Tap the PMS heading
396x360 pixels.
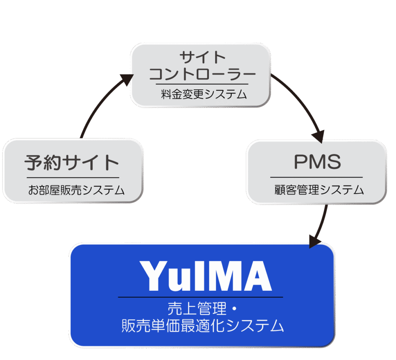click(x=317, y=162)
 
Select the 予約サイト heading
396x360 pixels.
click(x=72, y=163)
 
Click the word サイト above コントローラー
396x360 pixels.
click(x=203, y=57)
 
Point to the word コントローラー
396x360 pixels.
click(x=202, y=73)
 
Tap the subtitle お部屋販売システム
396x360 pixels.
click(x=76, y=190)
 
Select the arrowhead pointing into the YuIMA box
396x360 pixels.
click(x=315, y=242)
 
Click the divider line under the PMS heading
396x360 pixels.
click(x=316, y=177)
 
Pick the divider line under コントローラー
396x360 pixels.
click(x=202, y=84)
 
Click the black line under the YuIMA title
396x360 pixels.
click(x=200, y=297)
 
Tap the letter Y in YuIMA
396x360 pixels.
click(x=156, y=276)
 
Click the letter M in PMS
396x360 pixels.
click(x=316, y=162)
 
